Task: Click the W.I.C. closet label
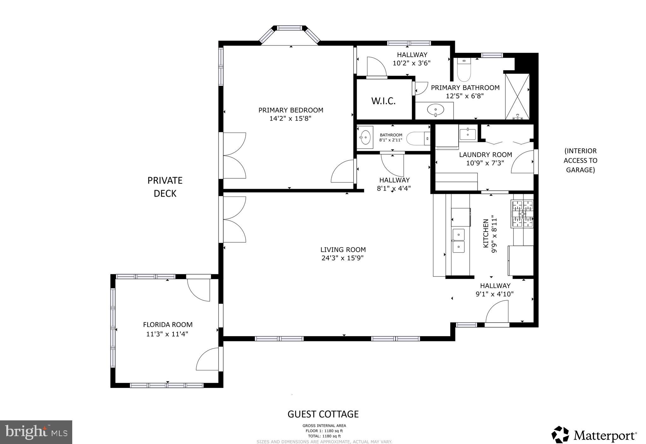[x=383, y=101]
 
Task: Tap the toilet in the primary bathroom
[x=464, y=71]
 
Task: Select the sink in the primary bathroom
[x=435, y=110]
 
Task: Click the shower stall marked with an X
[x=517, y=96]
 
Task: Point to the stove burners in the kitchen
[x=522, y=214]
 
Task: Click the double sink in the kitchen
[x=459, y=241]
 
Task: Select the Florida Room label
[x=167, y=325]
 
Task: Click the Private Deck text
[x=165, y=187]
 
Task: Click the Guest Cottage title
[x=323, y=414]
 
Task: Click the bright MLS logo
[x=36, y=432]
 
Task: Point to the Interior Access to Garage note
[x=580, y=160]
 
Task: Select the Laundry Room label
[x=485, y=155]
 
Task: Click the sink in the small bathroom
[x=365, y=137]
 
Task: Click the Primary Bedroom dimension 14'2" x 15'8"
[x=291, y=118]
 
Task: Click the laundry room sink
[x=467, y=134]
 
